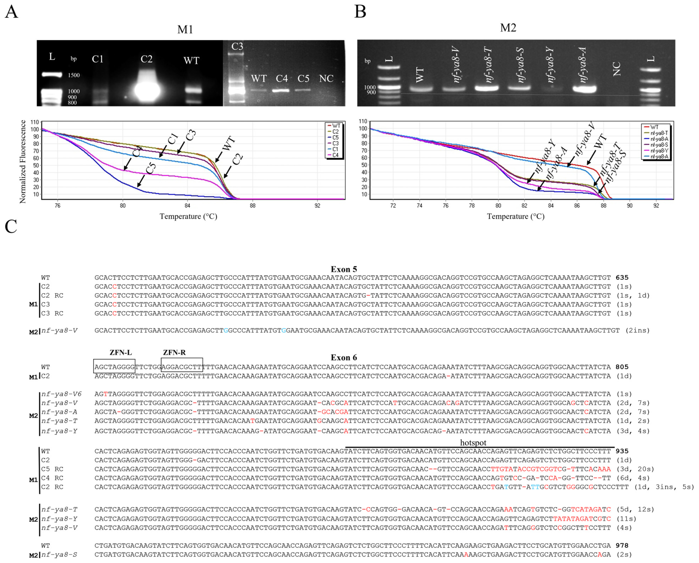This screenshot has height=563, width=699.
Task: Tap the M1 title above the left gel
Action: tap(185, 29)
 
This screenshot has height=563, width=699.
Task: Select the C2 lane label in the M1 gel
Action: tap(146, 59)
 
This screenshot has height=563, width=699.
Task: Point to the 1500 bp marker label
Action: tap(74, 75)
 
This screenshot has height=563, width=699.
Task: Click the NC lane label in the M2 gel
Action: tap(616, 69)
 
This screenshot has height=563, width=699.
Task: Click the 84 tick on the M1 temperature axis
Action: tap(187, 205)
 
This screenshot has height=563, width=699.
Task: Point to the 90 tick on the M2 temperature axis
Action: tap(630, 205)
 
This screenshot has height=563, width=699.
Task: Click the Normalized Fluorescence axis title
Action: tap(23, 162)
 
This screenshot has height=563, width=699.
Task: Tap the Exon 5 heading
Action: tap(344, 269)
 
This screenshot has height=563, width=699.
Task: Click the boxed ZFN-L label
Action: tap(120, 353)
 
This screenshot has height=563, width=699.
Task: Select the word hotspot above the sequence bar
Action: tap(473, 443)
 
